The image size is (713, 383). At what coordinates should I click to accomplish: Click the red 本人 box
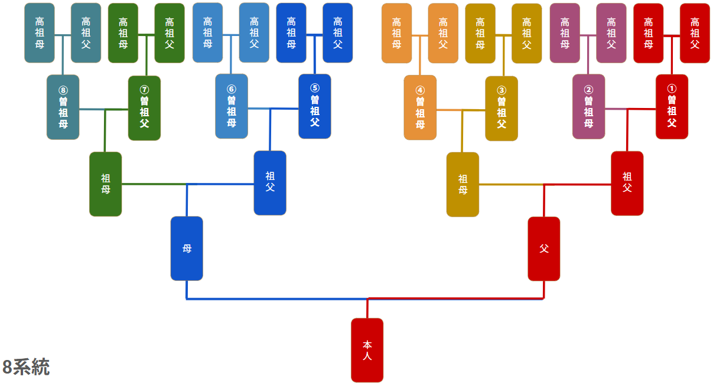[367, 350]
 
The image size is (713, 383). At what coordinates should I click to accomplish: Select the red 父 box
[543, 248]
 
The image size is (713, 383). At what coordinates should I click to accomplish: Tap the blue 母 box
[187, 248]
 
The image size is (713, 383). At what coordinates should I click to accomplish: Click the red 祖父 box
[627, 183]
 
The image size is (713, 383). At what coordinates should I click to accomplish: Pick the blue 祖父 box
[270, 183]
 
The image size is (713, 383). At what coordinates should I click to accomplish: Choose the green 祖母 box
[105, 184]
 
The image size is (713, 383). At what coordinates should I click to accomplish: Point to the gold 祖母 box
[463, 184]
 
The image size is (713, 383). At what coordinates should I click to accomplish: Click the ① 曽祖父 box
[672, 107]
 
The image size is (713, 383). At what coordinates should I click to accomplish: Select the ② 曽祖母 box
[588, 107]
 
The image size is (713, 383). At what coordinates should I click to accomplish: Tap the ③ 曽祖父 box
[502, 109]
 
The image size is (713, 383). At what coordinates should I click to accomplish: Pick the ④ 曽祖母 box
[420, 107]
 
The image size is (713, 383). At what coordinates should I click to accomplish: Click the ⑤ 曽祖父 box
[314, 106]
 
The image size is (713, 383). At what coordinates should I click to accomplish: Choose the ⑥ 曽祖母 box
[231, 106]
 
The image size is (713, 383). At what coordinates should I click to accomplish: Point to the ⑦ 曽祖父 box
[144, 108]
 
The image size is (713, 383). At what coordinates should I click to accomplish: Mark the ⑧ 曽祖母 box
[63, 107]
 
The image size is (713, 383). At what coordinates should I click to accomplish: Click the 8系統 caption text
[26, 367]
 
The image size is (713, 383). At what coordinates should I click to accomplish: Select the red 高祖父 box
[695, 33]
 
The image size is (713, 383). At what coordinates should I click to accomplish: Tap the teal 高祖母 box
[40, 33]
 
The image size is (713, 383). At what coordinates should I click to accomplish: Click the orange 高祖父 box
[443, 33]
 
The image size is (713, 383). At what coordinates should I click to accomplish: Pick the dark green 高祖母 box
[123, 33]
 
